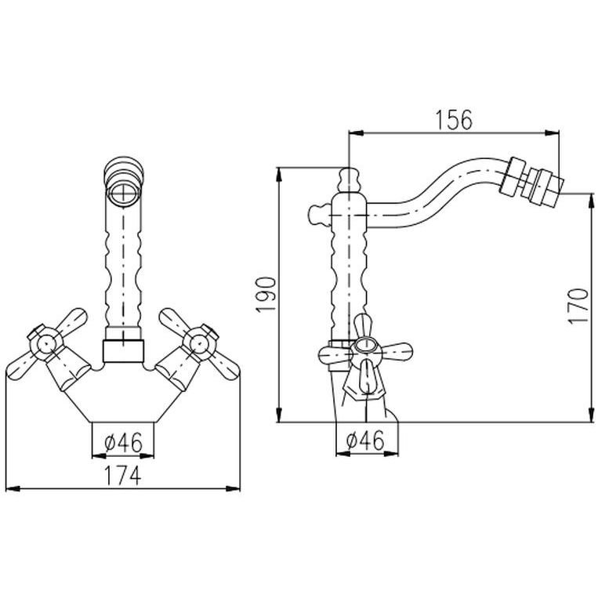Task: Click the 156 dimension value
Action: [454, 119]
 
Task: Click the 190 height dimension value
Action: [266, 295]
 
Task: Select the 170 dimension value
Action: [578, 306]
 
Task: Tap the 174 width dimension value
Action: [123, 476]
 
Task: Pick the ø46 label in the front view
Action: [123, 442]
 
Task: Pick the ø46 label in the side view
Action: [365, 441]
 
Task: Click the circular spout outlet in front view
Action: [123, 190]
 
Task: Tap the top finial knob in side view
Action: [349, 179]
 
